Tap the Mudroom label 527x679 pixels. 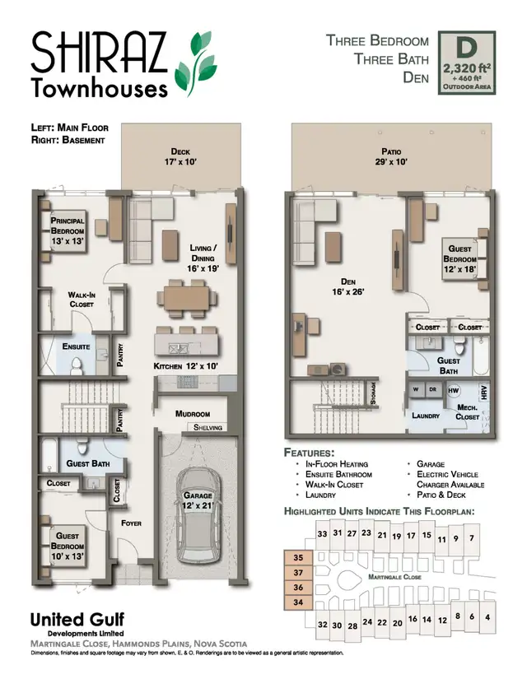(193, 414)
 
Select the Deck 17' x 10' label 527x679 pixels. (180, 157)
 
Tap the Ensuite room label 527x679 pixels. (76, 347)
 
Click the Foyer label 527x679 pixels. (132, 523)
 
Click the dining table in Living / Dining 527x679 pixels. (186, 298)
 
